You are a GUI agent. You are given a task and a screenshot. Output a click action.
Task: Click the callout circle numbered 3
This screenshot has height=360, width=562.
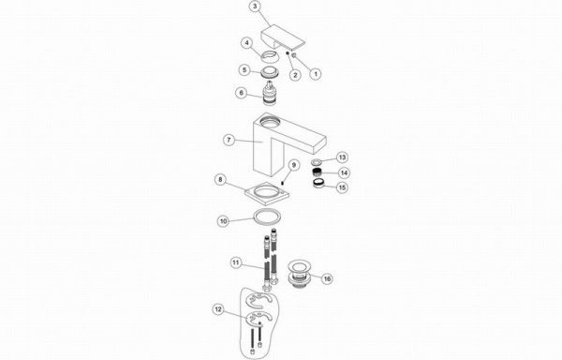pyautogui.click(x=255, y=7)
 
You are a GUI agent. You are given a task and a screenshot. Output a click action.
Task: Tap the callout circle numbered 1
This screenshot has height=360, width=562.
pyautogui.click(x=316, y=74)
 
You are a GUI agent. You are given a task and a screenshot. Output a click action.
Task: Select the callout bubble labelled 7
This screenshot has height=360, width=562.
pyautogui.click(x=229, y=140)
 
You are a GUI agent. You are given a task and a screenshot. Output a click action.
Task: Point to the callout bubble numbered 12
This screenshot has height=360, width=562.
pyautogui.click(x=218, y=309)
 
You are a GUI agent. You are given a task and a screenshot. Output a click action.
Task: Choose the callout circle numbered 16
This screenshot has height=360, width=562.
pyautogui.click(x=327, y=278)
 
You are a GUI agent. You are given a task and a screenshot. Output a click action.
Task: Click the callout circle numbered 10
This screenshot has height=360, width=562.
pyautogui.click(x=224, y=221)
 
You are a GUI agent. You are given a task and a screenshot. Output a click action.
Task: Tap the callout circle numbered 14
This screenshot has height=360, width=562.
pyautogui.click(x=344, y=172)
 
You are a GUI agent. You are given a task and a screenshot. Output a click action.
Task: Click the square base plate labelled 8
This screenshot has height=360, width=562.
pyautogui.click(x=267, y=190)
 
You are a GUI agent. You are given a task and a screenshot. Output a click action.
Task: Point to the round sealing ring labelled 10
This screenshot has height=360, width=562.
pyautogui.click(x=267, y=217)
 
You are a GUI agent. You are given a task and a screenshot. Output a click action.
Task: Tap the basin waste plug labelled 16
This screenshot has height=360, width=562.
pyautogui.click(x=300, y=275)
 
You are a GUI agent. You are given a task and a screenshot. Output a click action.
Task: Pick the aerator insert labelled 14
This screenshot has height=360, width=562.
pyautogui.click(x=318, y=172)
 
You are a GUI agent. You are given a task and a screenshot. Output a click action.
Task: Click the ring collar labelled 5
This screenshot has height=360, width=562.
pyautogui.click(x=268, y=71)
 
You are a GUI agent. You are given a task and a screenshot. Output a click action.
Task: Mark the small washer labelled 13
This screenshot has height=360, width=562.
pyautogui.click(x=317, y=161)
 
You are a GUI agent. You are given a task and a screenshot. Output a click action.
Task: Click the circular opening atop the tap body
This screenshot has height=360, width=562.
pyautogui.click(x=270, y=122)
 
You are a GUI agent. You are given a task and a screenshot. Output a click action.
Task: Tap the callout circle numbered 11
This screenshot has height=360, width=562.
pyautogui.click(x=235, y=262)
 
